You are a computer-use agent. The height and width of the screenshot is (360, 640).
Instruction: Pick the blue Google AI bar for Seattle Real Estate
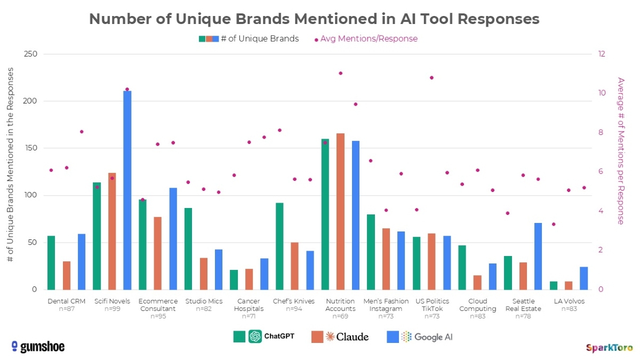point(538,256)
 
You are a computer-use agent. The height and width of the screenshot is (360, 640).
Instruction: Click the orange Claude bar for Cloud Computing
point(477,282)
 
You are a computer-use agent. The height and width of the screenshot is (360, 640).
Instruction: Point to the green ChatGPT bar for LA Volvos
point(554,285)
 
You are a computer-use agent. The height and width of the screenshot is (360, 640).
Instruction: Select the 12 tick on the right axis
point(601,54)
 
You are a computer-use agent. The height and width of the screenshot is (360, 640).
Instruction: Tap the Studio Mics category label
point(204,301)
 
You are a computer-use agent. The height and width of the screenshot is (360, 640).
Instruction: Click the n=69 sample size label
point(340,316)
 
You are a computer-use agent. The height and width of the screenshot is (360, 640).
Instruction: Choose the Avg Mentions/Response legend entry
point(368,39)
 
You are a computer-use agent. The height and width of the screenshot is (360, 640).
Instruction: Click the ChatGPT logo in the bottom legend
point(255,337)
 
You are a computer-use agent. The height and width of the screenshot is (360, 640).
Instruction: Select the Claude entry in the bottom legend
point(340,337)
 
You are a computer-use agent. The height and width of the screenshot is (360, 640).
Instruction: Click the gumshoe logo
point(38,347)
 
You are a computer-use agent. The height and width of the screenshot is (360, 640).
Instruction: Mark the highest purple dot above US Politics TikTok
point(431,78)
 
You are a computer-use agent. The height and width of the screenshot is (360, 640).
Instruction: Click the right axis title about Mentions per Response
point(620,151)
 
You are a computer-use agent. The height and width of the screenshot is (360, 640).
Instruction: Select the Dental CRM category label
point(66,301)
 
